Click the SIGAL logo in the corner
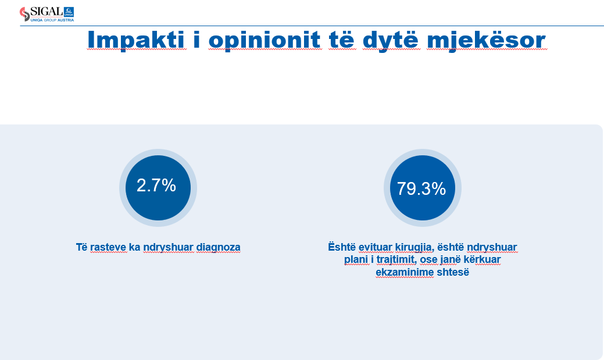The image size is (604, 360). (x=47, y=15)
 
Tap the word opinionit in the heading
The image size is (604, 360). (x=265, y=40)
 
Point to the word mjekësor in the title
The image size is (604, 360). (x=486, y=40)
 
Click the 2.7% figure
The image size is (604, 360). (x=156, y=186)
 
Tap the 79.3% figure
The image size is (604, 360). (x=421, y=188)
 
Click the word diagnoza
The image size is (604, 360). (x=219, y=247)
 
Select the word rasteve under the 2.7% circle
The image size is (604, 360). (x=108, y=247)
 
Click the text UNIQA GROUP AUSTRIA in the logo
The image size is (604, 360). (x=52, y=20)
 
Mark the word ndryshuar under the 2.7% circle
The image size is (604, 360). (x=169, y=247)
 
